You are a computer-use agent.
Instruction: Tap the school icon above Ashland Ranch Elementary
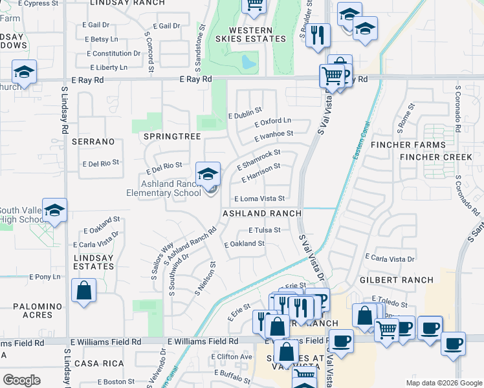click(x=208, y=174)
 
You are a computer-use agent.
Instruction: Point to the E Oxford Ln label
click(x=272, y=122)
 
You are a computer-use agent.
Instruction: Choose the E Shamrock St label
click(x=258, y=158)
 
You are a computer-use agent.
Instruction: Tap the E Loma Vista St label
click(x=259, y=199)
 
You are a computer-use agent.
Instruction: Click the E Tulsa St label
click(x=264, y=230)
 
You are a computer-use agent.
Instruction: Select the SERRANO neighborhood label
click(x=93, y=141)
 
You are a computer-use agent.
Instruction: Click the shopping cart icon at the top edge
click(x=254, y=5)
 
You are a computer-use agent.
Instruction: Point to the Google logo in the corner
click(x=21, y=380)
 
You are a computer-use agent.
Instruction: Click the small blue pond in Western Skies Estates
click(x=247, y=63)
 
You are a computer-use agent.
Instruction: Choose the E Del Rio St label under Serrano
click(x=101, y=162)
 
